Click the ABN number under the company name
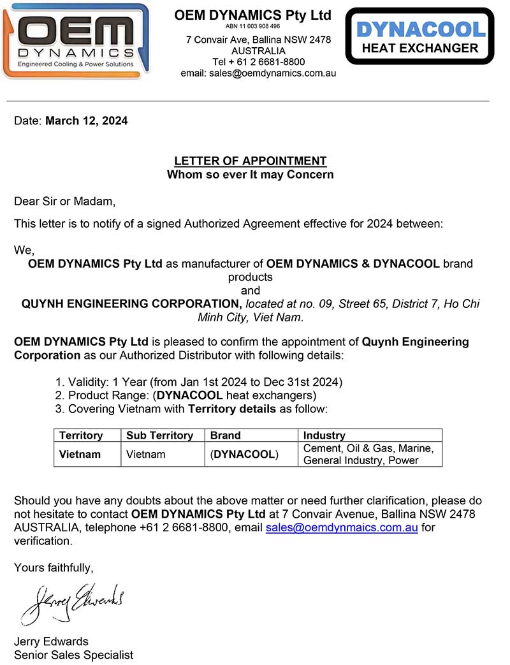coord(253,27)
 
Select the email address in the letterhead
coord(258,73)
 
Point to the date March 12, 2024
coord(86,121)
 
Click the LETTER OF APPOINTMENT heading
coord(251,161)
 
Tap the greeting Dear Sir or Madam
coord(65,202)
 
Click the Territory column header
coord(81,435)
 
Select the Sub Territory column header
coord(159,435)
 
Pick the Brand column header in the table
coord(226,435)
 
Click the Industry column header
coord(324,435)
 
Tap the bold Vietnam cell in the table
coord(80,455)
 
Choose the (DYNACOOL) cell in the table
coord(245,455)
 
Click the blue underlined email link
coord(342,527)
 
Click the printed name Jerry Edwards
coord(51,641)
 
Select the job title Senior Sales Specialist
coord(73,655)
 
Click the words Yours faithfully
coord(54,567)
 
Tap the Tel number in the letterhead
coord(258,62)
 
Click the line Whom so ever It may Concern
coord(251,175)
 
